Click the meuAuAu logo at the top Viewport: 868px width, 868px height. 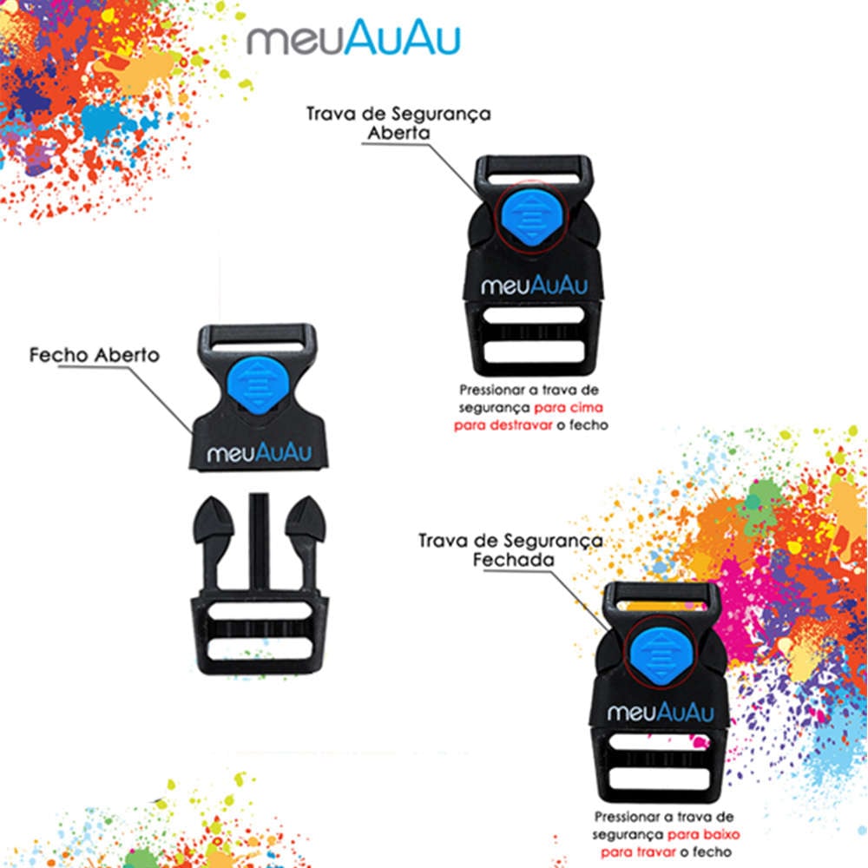tap(353, 37)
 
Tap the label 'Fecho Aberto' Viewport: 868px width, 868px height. tap(94, 355)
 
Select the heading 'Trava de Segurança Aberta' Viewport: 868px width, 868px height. tap(398, 123)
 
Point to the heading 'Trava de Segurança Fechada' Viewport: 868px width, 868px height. tap(510, 549)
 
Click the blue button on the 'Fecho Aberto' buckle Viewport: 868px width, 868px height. tap(257, 385)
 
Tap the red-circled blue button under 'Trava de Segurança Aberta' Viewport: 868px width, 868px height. tap(530, 216)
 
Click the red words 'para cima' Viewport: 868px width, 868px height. tap(568, 408)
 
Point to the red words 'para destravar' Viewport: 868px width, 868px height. tap(503, 425)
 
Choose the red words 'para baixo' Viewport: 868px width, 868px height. tap(704, 834)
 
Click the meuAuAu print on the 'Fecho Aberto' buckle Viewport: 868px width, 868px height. tap(259, 453)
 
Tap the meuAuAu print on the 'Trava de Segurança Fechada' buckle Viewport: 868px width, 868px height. tap(661, 712)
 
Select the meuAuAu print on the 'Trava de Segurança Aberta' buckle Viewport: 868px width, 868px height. tap(534, 286)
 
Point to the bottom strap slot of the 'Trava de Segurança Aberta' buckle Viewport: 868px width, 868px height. tap(534, 351)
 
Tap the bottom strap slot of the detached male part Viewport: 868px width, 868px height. tap(260, 648)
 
